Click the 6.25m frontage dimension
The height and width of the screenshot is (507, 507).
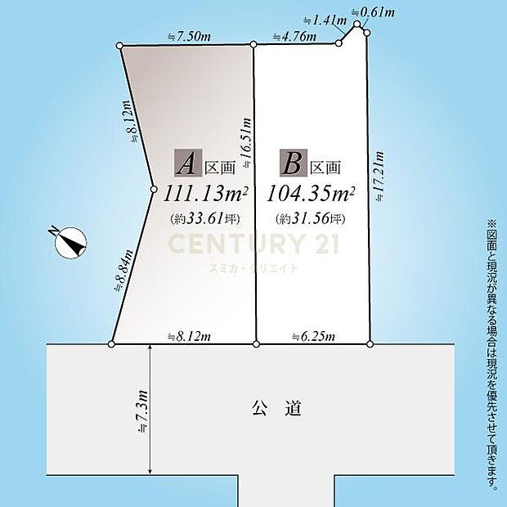pyautogui.click(x=310, y=335)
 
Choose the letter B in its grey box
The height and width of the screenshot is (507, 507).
pyautogui.click(x=291, y=164)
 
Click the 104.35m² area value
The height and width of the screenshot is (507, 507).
pyautogui.click(x=311, y=194)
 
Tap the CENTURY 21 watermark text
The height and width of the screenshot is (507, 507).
pyautogui.click(x=253, y=244)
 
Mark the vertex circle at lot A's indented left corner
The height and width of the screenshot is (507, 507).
pyautogui.click(x=154, y=191)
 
